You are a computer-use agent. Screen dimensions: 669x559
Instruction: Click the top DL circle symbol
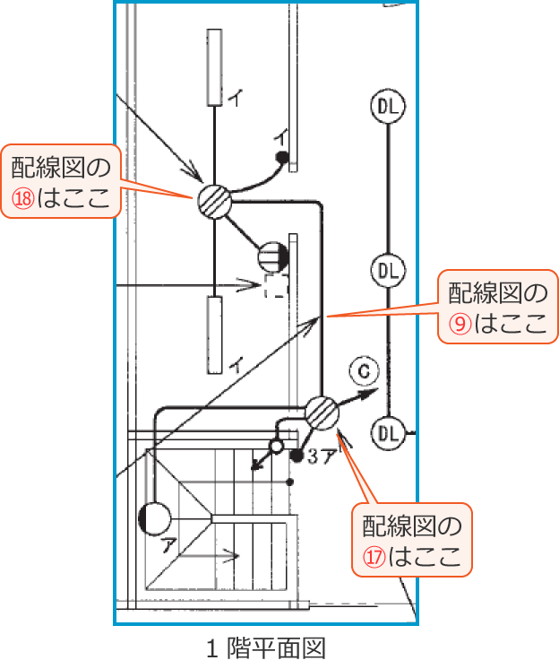[387, 108]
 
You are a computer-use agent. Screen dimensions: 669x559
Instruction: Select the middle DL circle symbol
[387, 270]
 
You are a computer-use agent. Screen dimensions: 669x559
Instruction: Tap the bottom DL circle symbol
[387, 433]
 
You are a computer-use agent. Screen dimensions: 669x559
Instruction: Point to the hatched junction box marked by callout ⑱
[214, 199]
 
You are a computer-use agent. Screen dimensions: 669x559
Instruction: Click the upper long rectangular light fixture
[214, 67]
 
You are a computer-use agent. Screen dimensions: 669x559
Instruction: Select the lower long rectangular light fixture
[214, 334]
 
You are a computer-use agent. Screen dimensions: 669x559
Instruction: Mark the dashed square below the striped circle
[276, 287]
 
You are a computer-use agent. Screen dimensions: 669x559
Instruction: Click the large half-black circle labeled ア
[154, 518]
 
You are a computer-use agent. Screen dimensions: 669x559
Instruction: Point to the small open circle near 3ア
[276, 446]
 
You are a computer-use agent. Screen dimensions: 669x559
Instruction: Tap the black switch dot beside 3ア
[296, 456]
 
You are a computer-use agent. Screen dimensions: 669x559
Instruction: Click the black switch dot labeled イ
[281, 158]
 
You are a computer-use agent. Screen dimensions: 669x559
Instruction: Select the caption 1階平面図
[264, 647]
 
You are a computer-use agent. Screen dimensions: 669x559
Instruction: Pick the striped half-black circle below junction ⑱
[272, 257]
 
